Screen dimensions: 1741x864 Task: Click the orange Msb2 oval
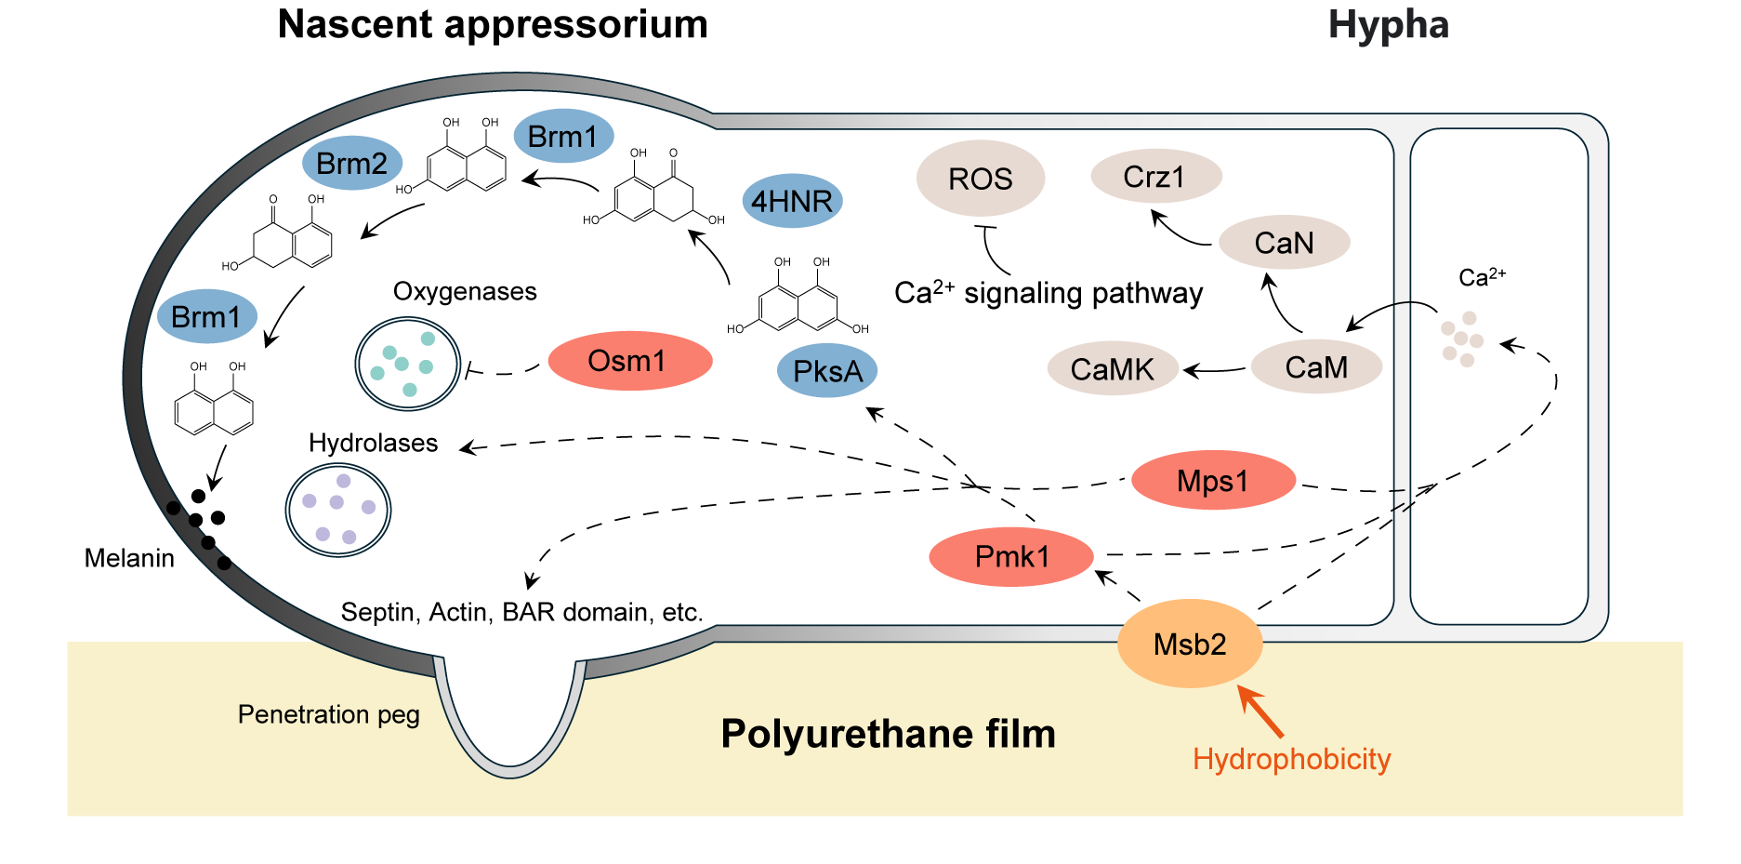(x=1190, y=644)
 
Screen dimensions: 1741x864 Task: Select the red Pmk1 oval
(x=1011, y=557)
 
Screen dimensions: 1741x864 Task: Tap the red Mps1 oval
(x=1213, y=481)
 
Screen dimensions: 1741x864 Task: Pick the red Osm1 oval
(x=630, y=361)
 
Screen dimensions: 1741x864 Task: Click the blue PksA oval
(x=827, y=371)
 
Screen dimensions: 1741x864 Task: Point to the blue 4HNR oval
(x=792, y=201)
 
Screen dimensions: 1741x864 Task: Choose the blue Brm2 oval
(x=352, y=164)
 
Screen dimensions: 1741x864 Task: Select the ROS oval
(x=981, y=179)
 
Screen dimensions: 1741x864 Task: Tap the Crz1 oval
(x=1156, y=176)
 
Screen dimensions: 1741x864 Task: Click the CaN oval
(x=1285, y=243)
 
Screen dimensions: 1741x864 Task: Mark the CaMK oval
(x=1113, y=368)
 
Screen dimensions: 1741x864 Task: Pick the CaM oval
(x=1316, y=366)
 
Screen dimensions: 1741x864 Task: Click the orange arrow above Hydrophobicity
(x=1260, y=712)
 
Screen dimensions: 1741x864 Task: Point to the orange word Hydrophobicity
(x=1292, y=759)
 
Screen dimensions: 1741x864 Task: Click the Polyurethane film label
(x=889, y=734)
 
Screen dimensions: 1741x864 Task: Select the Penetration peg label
(x=329, y=714)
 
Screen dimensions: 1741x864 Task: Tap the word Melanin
(x=129, y=558)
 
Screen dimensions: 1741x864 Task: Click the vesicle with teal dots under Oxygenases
(x=408, y=364)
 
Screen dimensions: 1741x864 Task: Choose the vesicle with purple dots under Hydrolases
(x=338, y=510)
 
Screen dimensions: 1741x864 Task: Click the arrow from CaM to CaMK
(x=1215, y=370)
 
